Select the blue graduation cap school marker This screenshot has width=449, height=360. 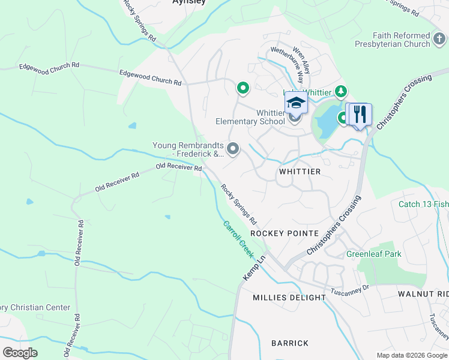pos(296,103)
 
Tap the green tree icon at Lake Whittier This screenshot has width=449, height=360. pos(342,91)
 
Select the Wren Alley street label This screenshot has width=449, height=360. pos(301,60)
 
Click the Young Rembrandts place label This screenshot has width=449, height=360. pos(188,149)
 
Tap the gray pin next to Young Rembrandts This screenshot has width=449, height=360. pos(233,148)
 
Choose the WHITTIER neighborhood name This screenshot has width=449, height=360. pos(300,172)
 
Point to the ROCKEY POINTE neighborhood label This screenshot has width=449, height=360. pos(276,233)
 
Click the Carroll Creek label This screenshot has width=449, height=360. pos(239,239)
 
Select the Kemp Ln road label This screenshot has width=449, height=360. pos(253,268)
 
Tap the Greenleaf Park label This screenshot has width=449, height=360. pos(373,254)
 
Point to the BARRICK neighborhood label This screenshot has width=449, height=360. pos(290,343)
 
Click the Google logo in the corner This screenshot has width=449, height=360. pos(20,353)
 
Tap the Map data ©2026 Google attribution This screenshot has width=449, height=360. pos(411,355)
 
